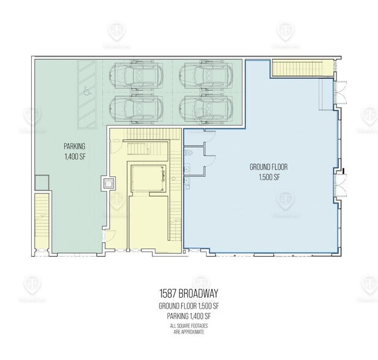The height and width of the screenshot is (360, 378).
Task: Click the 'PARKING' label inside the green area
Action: point(75,146)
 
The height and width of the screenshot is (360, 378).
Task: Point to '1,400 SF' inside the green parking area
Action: point(75,157)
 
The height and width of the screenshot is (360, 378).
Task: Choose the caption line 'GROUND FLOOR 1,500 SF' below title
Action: point(188,306)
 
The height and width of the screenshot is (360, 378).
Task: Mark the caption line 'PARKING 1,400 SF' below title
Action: point(188,316)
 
